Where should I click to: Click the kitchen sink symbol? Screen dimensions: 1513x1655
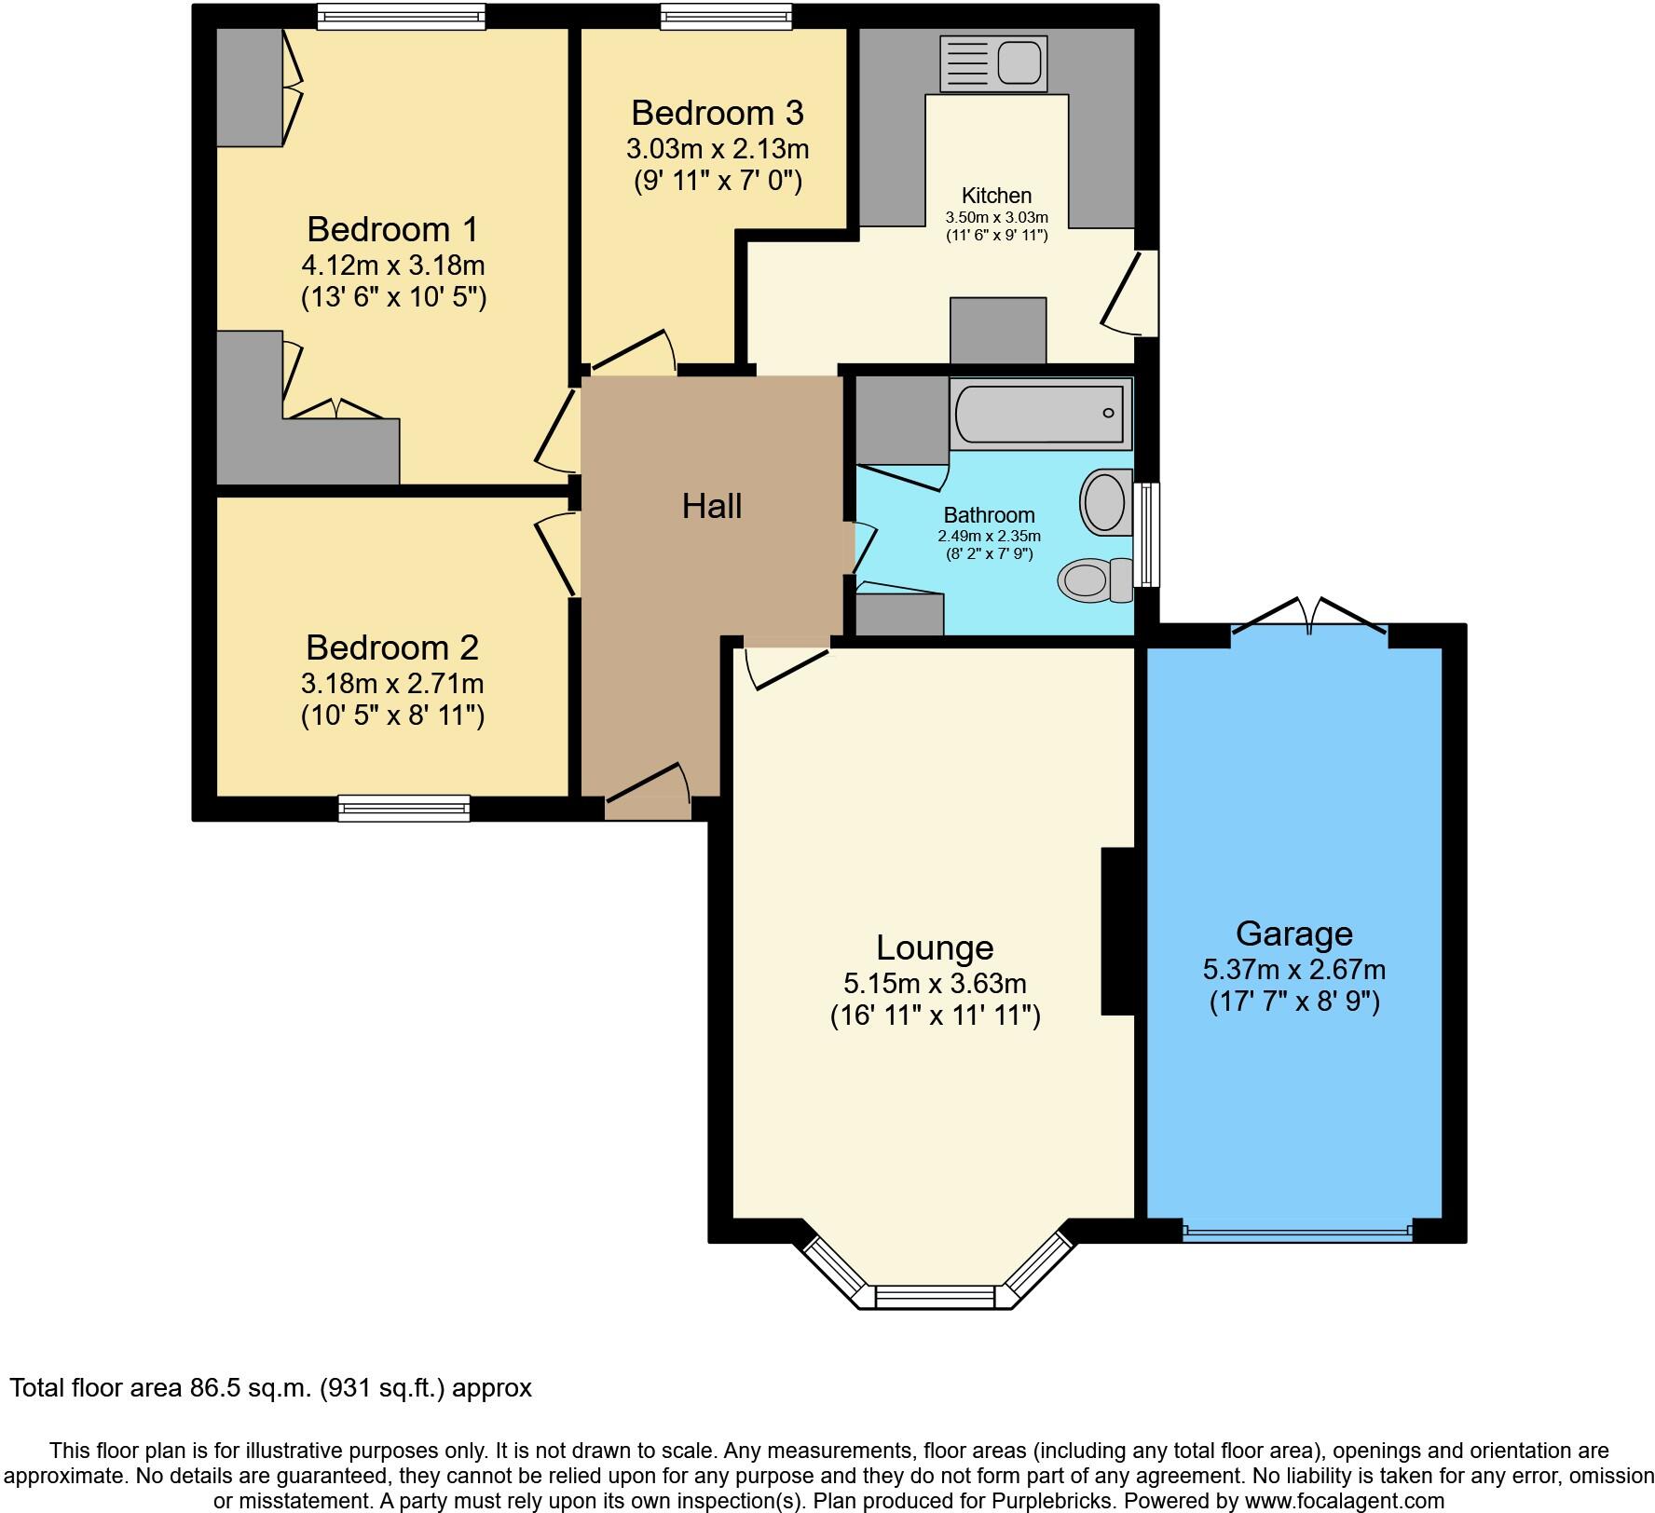pos(994,63)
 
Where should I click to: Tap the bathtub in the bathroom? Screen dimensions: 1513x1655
pos(1041,412)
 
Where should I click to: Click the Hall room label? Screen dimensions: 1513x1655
pos(712,506)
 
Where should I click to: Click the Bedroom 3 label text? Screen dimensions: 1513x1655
pos(717,113)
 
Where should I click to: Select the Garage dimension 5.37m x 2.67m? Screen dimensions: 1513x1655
pos(1293,970)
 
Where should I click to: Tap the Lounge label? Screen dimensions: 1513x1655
pos(935,947)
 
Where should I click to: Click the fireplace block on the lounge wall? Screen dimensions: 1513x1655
pos(1117,930)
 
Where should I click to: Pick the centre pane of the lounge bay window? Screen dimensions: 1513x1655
pos(935,1297)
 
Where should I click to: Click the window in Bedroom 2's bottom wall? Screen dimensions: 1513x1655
pos(403,808)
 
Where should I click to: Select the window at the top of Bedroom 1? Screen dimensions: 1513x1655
pos(401,16)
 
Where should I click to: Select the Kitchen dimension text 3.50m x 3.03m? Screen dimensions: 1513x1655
pos(996,218)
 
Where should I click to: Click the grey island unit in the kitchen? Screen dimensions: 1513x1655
pos(998,330)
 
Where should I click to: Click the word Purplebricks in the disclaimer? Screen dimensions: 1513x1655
pos(1059,1501)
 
